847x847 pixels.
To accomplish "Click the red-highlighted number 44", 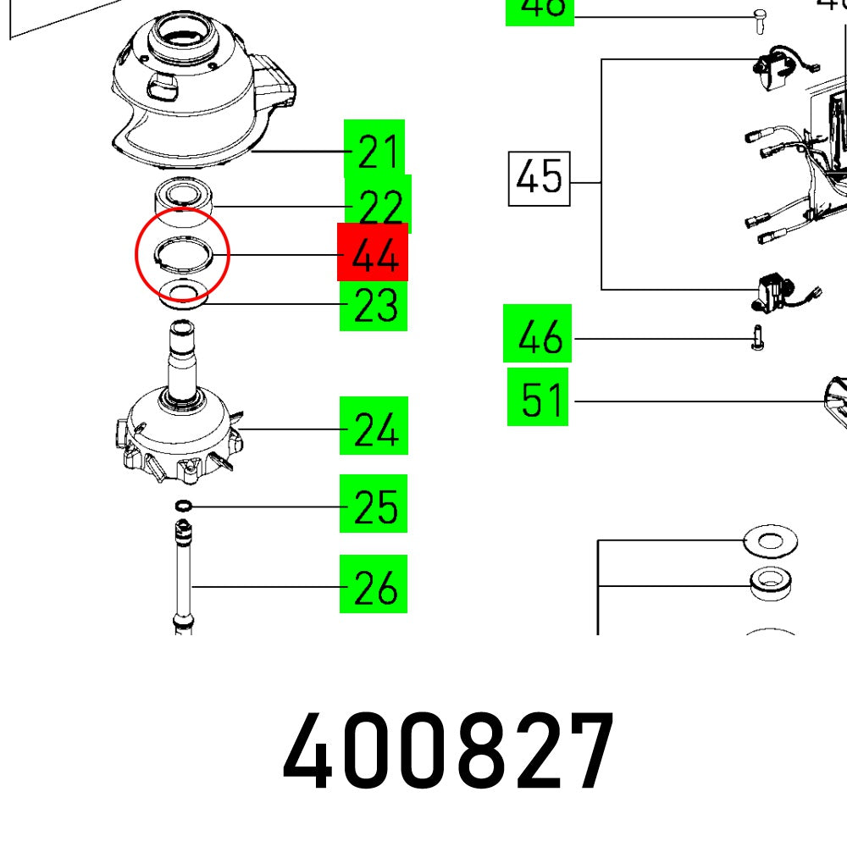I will click(373, 252).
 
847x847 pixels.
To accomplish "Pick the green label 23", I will click(374, 305).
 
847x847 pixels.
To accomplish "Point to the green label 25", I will click(374, 507).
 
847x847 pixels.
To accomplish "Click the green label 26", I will click(374, 586).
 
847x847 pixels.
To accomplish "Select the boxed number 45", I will click(540, 179).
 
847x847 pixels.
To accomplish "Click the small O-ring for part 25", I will click(180, 507).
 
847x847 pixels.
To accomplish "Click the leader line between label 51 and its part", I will click(695, 400).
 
